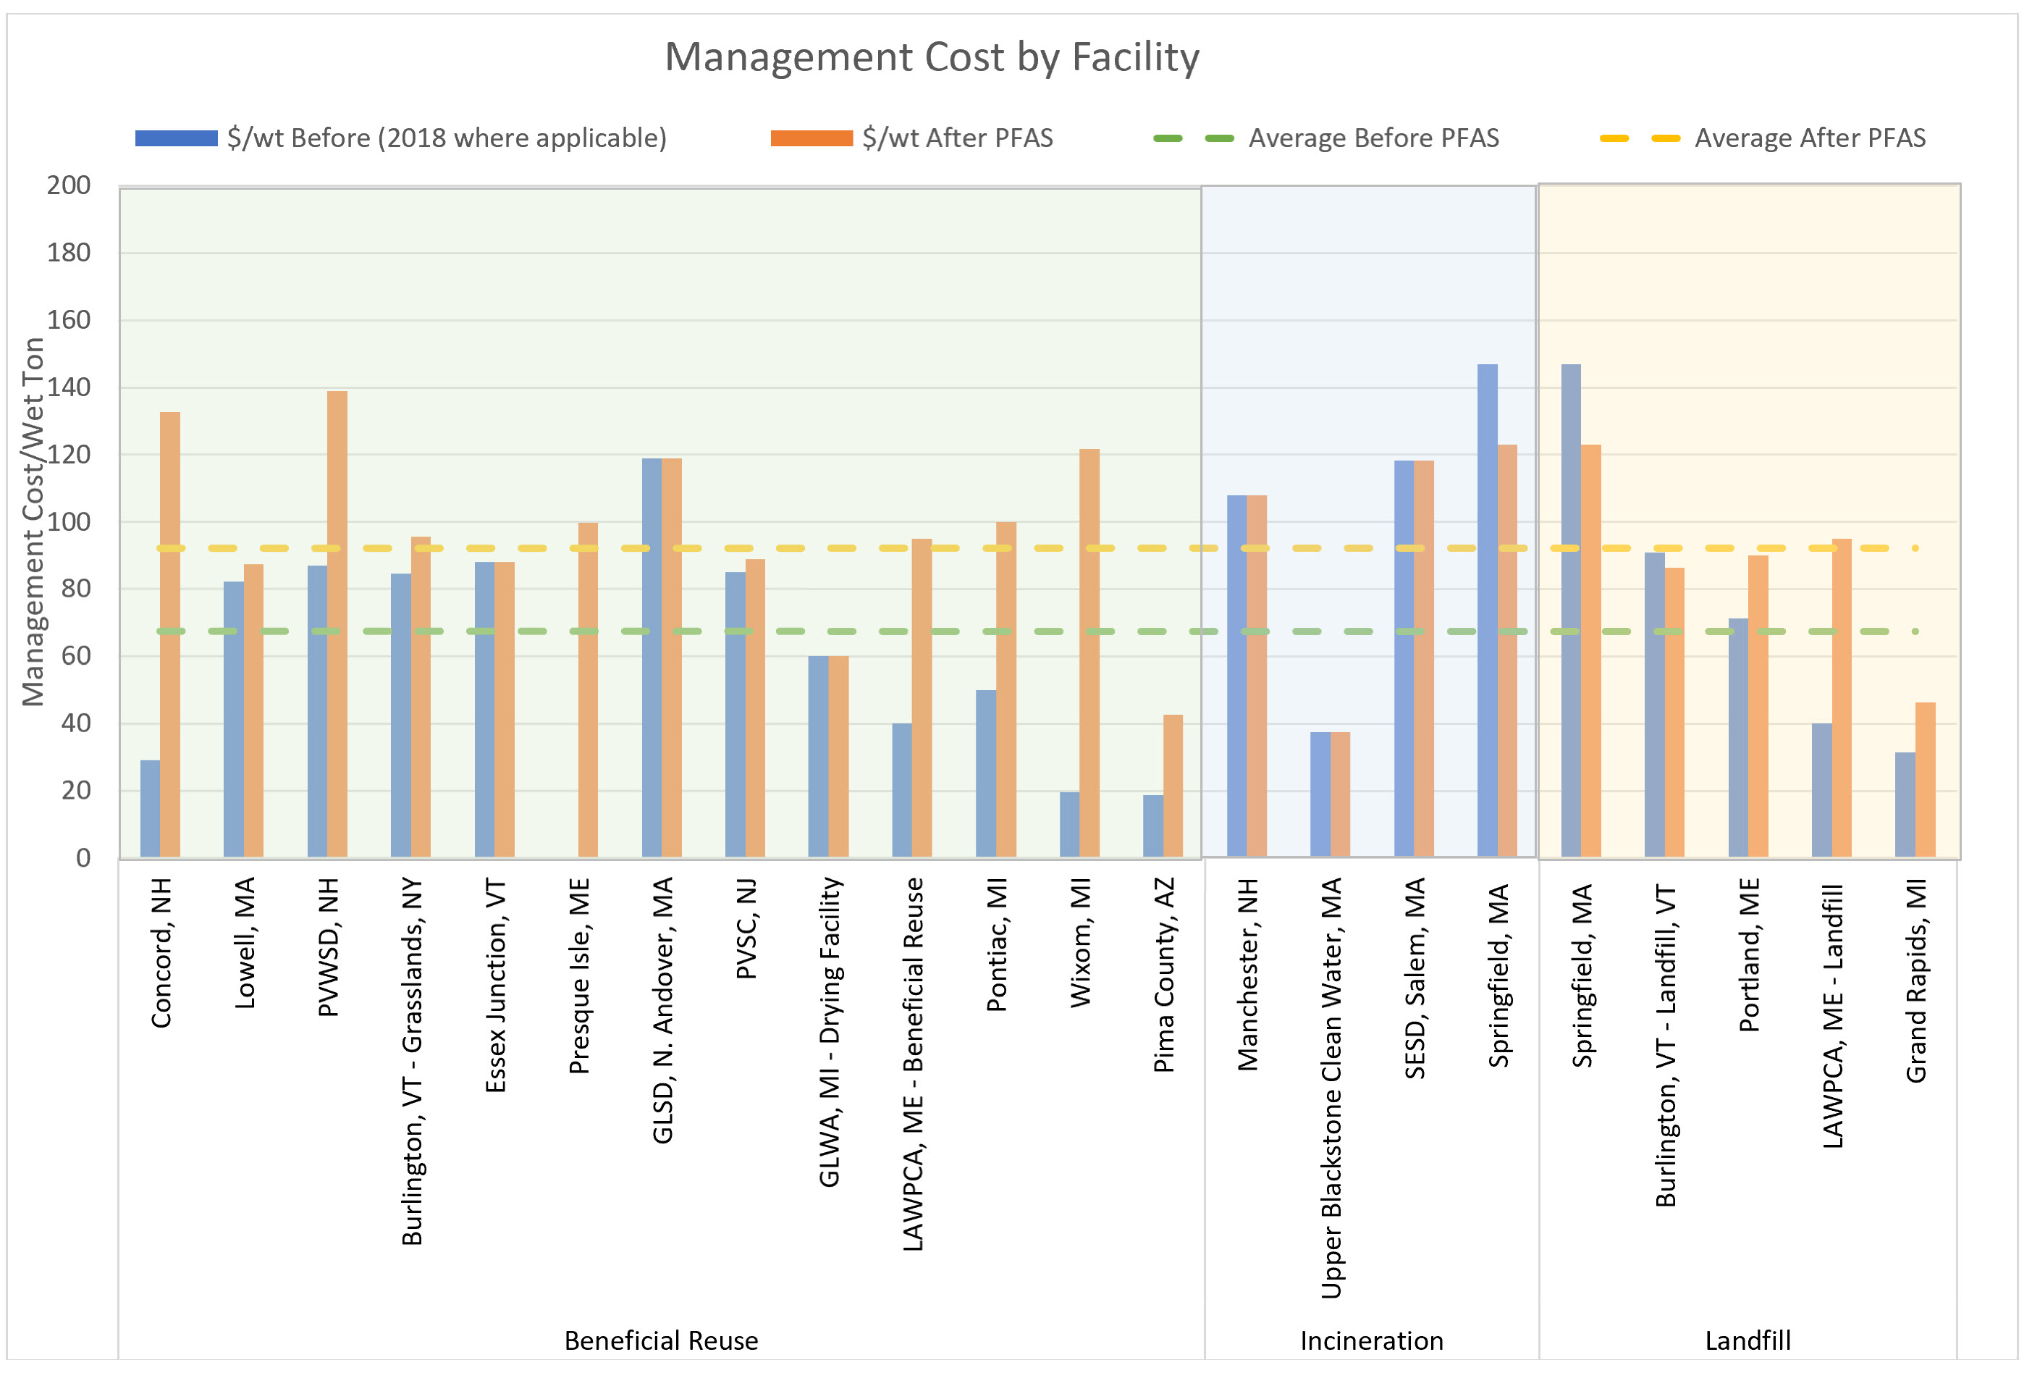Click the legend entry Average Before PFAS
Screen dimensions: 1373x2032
pyautogui.click(x=1373, y=138)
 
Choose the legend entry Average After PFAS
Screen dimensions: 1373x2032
pyautogui.click(x=1809, y=138)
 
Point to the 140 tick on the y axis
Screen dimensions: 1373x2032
pyautogui.click(x=68, y=387)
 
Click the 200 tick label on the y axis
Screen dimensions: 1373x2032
pyautogui.click(x=68, y=185)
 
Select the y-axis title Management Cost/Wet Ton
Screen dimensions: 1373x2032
pyautogui.click(x=33, y=521)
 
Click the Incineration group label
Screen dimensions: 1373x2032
pyautogui.click(x=1371, y=1340)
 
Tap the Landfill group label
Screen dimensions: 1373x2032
pyautogui.click(x=1747, y=1340)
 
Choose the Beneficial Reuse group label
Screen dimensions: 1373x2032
pyautogui.click(x=661, y=1340)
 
